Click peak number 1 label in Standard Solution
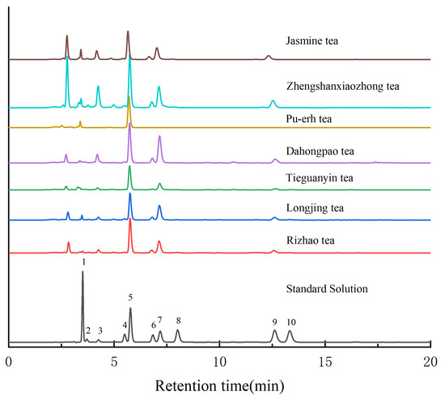(x=83, y=262)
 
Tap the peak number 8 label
(x=178, y=321)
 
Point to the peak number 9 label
(x=275, y=321)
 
